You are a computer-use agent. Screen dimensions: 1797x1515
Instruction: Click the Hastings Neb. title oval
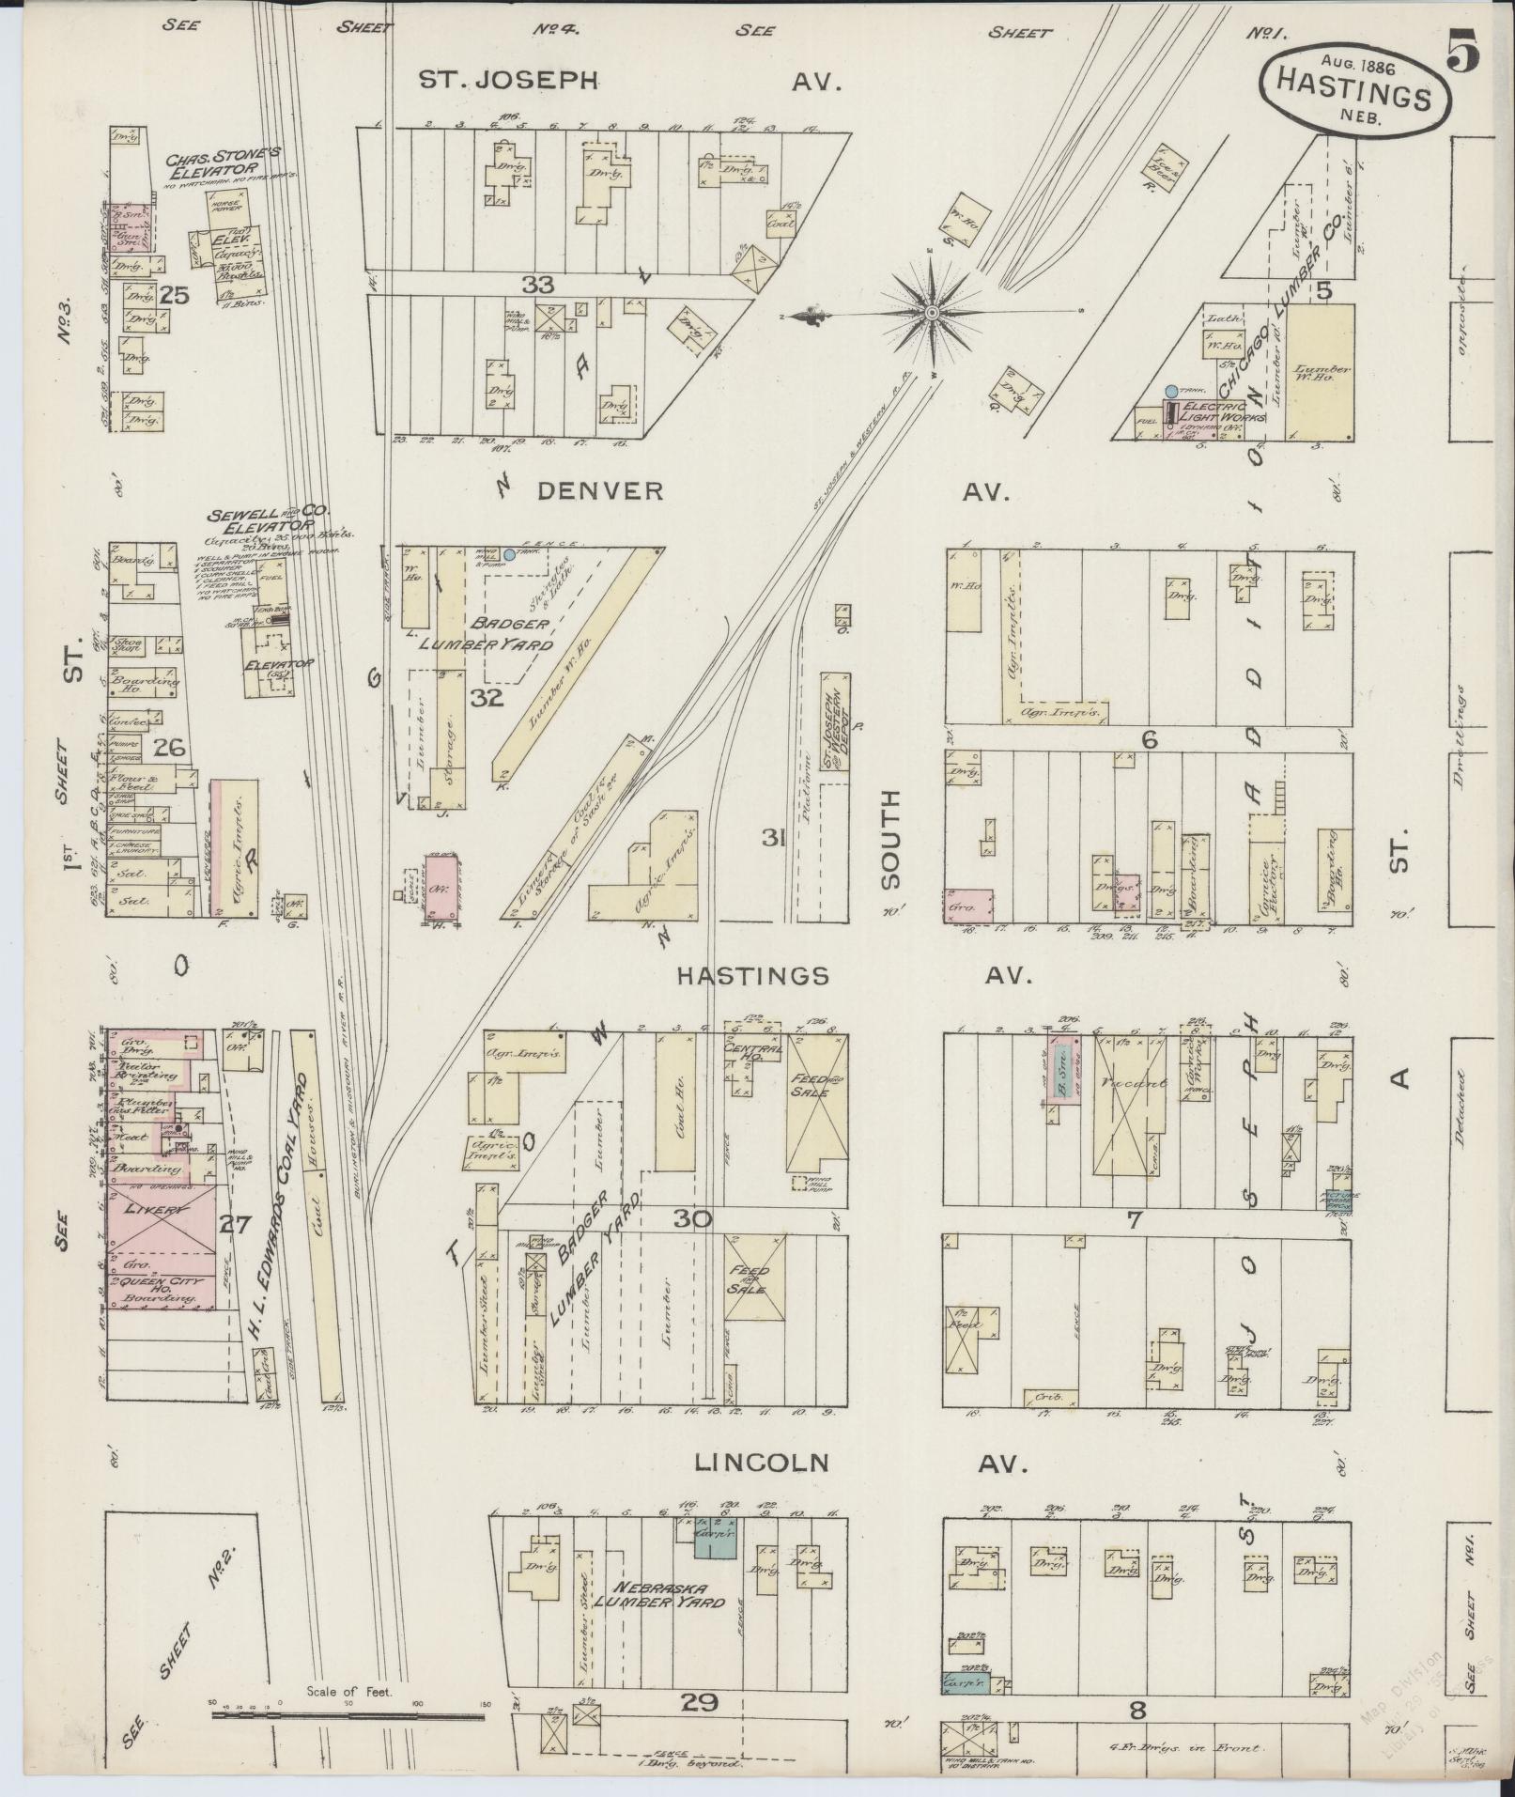point(1353,91)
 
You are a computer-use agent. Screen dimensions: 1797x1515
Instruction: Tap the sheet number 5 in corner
point(1464,50)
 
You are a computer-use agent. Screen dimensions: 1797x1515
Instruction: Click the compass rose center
point(931,312)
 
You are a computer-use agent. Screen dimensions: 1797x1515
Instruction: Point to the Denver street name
point(600,490)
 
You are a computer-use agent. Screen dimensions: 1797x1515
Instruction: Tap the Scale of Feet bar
point(348,1716)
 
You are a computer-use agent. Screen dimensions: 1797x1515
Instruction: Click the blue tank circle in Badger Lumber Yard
point(508,555)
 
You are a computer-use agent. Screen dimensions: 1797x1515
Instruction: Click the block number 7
point(1134,1220)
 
